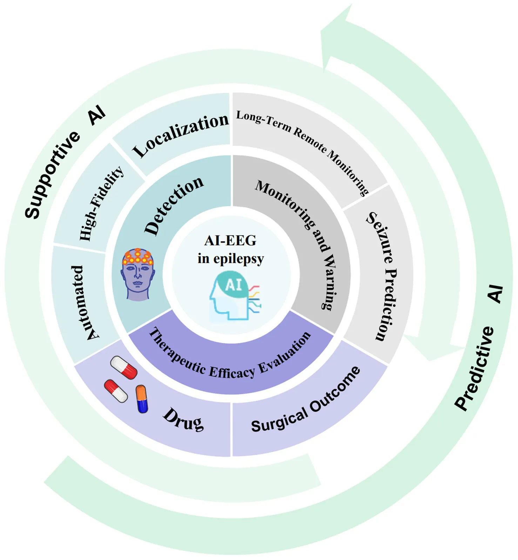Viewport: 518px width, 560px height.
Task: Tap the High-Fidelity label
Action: click(x=101, y=203)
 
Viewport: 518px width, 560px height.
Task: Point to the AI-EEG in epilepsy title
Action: click(x=230, y=250)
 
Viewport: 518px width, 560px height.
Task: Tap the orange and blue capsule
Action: click(x=142, y=399)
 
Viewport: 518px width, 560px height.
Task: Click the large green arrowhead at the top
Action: click(x=337, y=39)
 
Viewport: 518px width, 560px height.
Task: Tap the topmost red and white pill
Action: click(x=123, y=367)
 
